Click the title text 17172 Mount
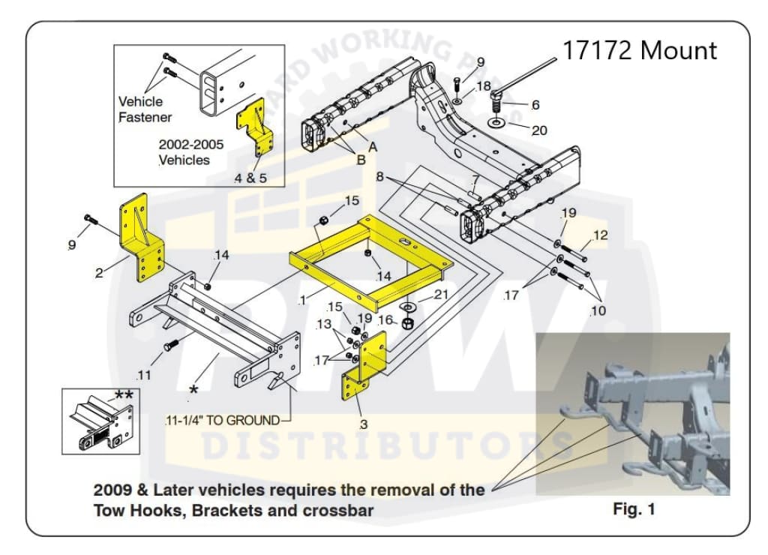(x=639, y=50)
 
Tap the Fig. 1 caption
(x=634, y=509)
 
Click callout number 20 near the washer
(x=539, y=130)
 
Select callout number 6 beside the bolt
(x=535, y=105)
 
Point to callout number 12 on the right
(x=600, y=235)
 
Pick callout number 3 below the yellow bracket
(x=364, y=424)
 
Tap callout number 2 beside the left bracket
(x=99, y=273)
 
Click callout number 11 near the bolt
(x=144, y=374)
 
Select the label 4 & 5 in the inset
(x=251, y=178)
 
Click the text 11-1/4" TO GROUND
(x=222, y=421)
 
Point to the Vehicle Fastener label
(x=145, y=109)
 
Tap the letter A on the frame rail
(x=372, y=147)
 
